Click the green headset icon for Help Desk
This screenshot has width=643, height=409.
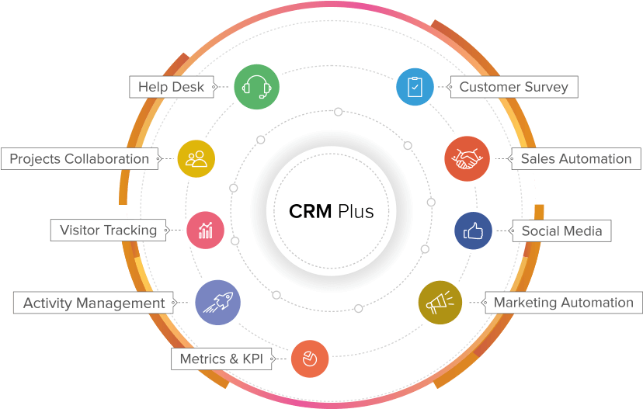pyautogui.click(x=256, y=86)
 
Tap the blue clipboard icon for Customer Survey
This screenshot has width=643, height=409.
pyautogui.click(x=415, y=87)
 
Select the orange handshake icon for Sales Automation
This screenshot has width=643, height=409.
pyautogui.click(x=467, y=158)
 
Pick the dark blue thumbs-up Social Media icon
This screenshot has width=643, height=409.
pyautogui.click(x=473, y=230)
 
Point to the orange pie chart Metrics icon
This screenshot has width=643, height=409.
pyautogui.click(x=310, y=359)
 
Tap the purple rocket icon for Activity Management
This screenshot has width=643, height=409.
pyautogui.click(x=217, y=303)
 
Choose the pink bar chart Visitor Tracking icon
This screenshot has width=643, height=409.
pyautogui.click(x=206, y=230)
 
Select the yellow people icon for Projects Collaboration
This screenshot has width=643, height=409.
pyautogui.click(x=196, y=158)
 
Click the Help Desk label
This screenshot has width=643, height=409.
pyautogui.click(x=171, y=87)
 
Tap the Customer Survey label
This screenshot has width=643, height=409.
pyautogui.click(x=513, y=87)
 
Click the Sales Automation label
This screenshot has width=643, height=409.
pyautogui.click(x=575, y=158)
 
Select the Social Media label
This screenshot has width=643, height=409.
pyautogui.click(x=561, y=230)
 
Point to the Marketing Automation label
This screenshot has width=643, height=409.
pyautogui.click(x=563, y=302)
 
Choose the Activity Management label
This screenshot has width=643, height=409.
pyautogui.click(x=94, y=303)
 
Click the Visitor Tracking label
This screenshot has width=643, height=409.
pyautogui.click(x=108, y=230)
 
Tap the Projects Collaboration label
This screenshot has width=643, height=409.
pyautogui.click(x=79, y=158)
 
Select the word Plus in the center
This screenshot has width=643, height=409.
pyautogui.click(x=356, y=211)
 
